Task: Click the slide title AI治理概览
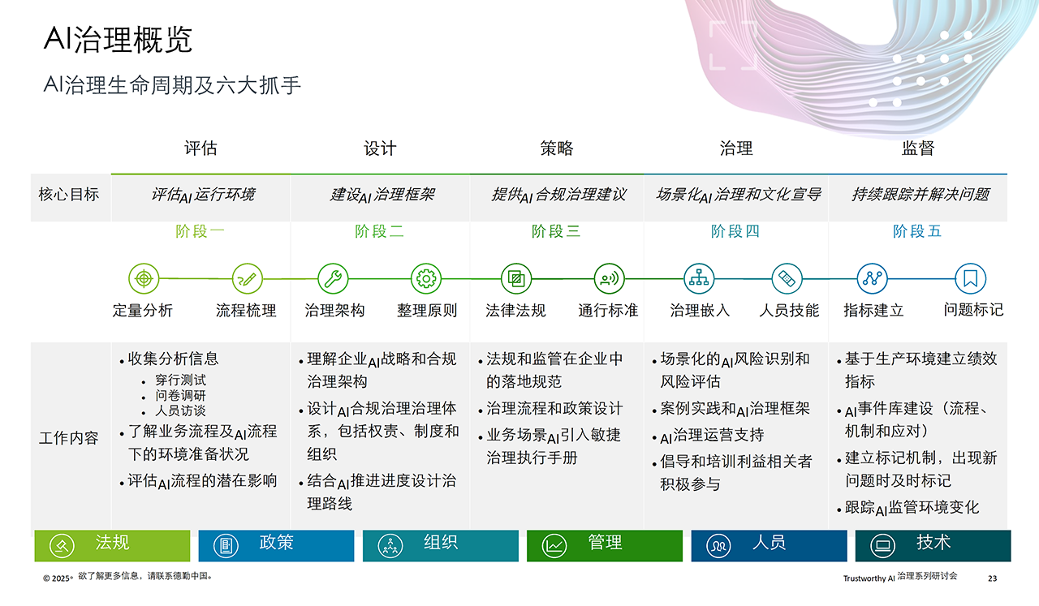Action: pyautogui.click(x=118, y=39)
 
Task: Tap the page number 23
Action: pyautogui.click(x=992, y=578)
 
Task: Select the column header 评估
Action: pyautogui.click(x=200, y=148)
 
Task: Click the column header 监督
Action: pyautogui.click(x=917, y=148)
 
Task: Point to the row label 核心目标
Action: pyautogui.click(x=69, y=195)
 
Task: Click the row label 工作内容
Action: pyautogui.click(x=69, y=438)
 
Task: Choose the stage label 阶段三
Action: pyautogui.click(x=556, y=231)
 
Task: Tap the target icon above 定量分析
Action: pyautogui.click(x=144, y=279)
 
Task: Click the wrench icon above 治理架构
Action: pyautogui.click(x=332, y=279)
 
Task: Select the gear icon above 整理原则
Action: pyautogui.click(x=426, y=279)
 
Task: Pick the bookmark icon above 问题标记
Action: pyautogui.click(x=970, y=279)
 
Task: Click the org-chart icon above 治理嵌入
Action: pyautogui.click(x=698, y=279)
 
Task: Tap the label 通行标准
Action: pyautogui.click(x=608, y=311)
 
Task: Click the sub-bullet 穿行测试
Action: pyautogui.click(x=180, y=380)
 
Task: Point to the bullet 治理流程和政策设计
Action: pyautogui.click(x=554, y=409)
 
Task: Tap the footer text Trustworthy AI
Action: pyautogui.click(x=868, y=578)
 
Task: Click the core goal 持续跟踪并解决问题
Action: pyautogui.click(x=920, y=195)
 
